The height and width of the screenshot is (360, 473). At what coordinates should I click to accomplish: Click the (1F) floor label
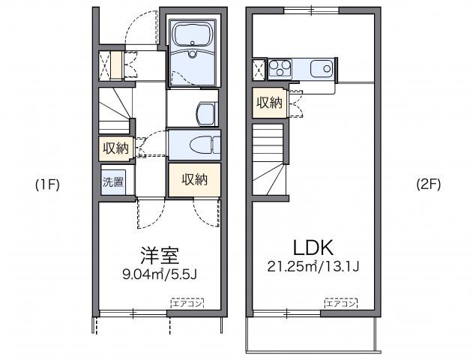(x=47, y=184)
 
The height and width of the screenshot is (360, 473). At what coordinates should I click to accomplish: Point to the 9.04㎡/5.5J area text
(x=159, y=274)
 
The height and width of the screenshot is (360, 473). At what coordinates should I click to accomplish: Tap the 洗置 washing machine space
(x=113, y=181)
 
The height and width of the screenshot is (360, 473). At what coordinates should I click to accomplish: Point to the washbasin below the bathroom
(x=204, y=112)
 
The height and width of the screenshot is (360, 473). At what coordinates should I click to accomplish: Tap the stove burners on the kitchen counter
(x=280, y=68)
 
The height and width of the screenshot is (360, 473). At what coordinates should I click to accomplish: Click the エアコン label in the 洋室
(x=187, y=303)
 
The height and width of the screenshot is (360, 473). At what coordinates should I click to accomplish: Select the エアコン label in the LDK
(x=341, y=303)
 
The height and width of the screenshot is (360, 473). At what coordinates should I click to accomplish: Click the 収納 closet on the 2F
(x=269, y=102)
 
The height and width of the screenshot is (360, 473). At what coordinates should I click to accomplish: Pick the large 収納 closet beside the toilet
(x=193, y=179)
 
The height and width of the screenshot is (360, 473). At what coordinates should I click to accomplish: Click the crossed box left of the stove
(x=259, y=69)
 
